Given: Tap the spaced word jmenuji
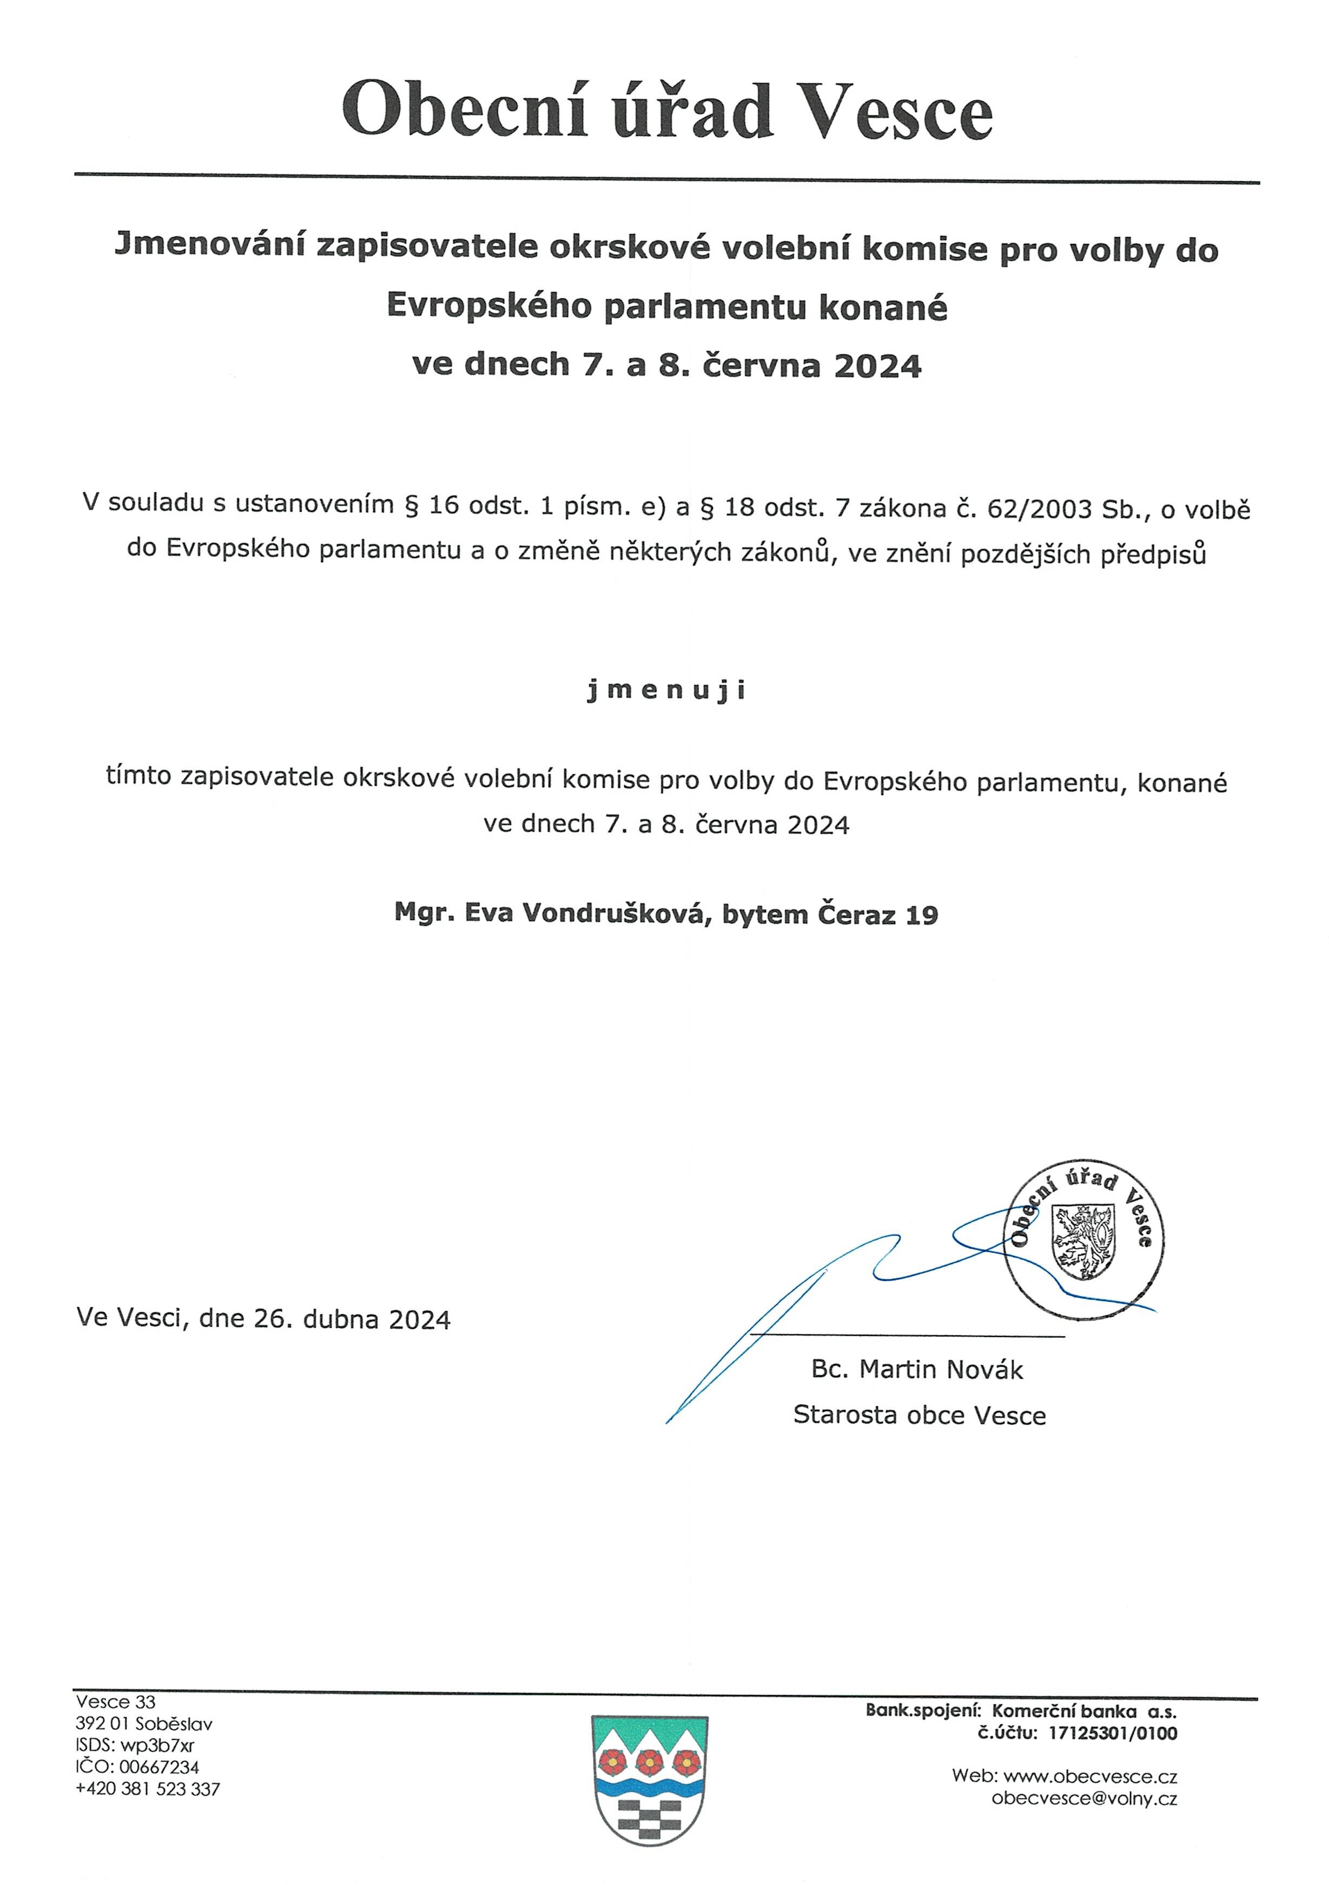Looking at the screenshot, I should click(666, 690).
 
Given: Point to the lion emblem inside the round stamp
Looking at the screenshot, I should click(1083, 1242).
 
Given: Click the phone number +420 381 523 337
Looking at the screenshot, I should click(148, 1789).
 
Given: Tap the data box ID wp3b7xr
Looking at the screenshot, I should click(157, 1745).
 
